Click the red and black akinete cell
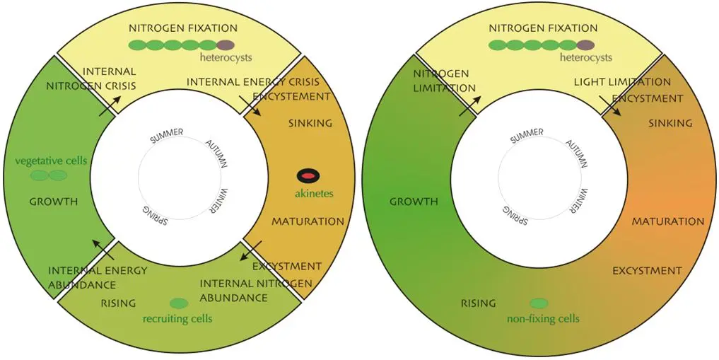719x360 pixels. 308,175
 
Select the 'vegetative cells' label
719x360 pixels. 51,161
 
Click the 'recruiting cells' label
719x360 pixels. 177,319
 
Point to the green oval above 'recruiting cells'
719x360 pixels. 179,303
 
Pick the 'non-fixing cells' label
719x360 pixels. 543,319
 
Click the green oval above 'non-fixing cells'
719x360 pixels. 539,303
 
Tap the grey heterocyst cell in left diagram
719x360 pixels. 225,45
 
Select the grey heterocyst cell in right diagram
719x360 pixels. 585,45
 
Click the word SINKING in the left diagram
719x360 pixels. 310,123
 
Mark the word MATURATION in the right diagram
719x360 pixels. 668,221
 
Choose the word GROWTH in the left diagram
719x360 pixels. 54,202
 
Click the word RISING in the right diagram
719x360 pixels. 479,303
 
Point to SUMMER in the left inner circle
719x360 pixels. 167,135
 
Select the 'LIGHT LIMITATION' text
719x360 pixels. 622,82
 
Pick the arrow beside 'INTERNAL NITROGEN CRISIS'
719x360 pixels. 108,106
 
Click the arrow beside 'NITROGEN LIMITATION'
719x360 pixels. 468,106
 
